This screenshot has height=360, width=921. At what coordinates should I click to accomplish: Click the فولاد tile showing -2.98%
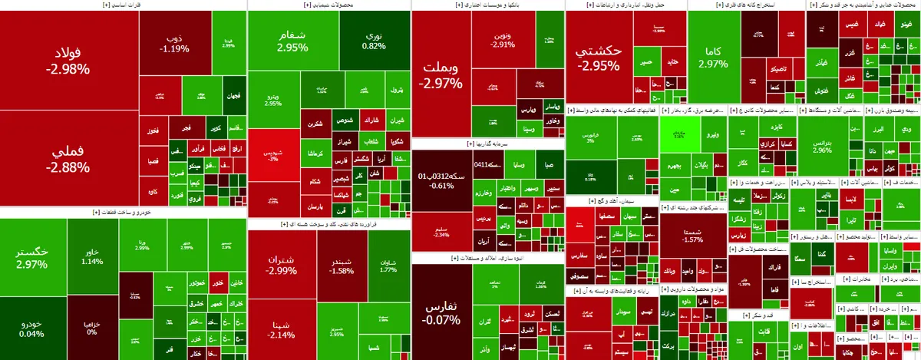[x=68, y=61]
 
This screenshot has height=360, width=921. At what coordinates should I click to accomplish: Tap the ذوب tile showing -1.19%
[x=175, y=44]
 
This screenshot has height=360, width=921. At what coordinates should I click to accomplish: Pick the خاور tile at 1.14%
[x=92, y=256]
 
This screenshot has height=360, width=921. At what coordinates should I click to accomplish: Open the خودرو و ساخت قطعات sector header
[x=123, y=213]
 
